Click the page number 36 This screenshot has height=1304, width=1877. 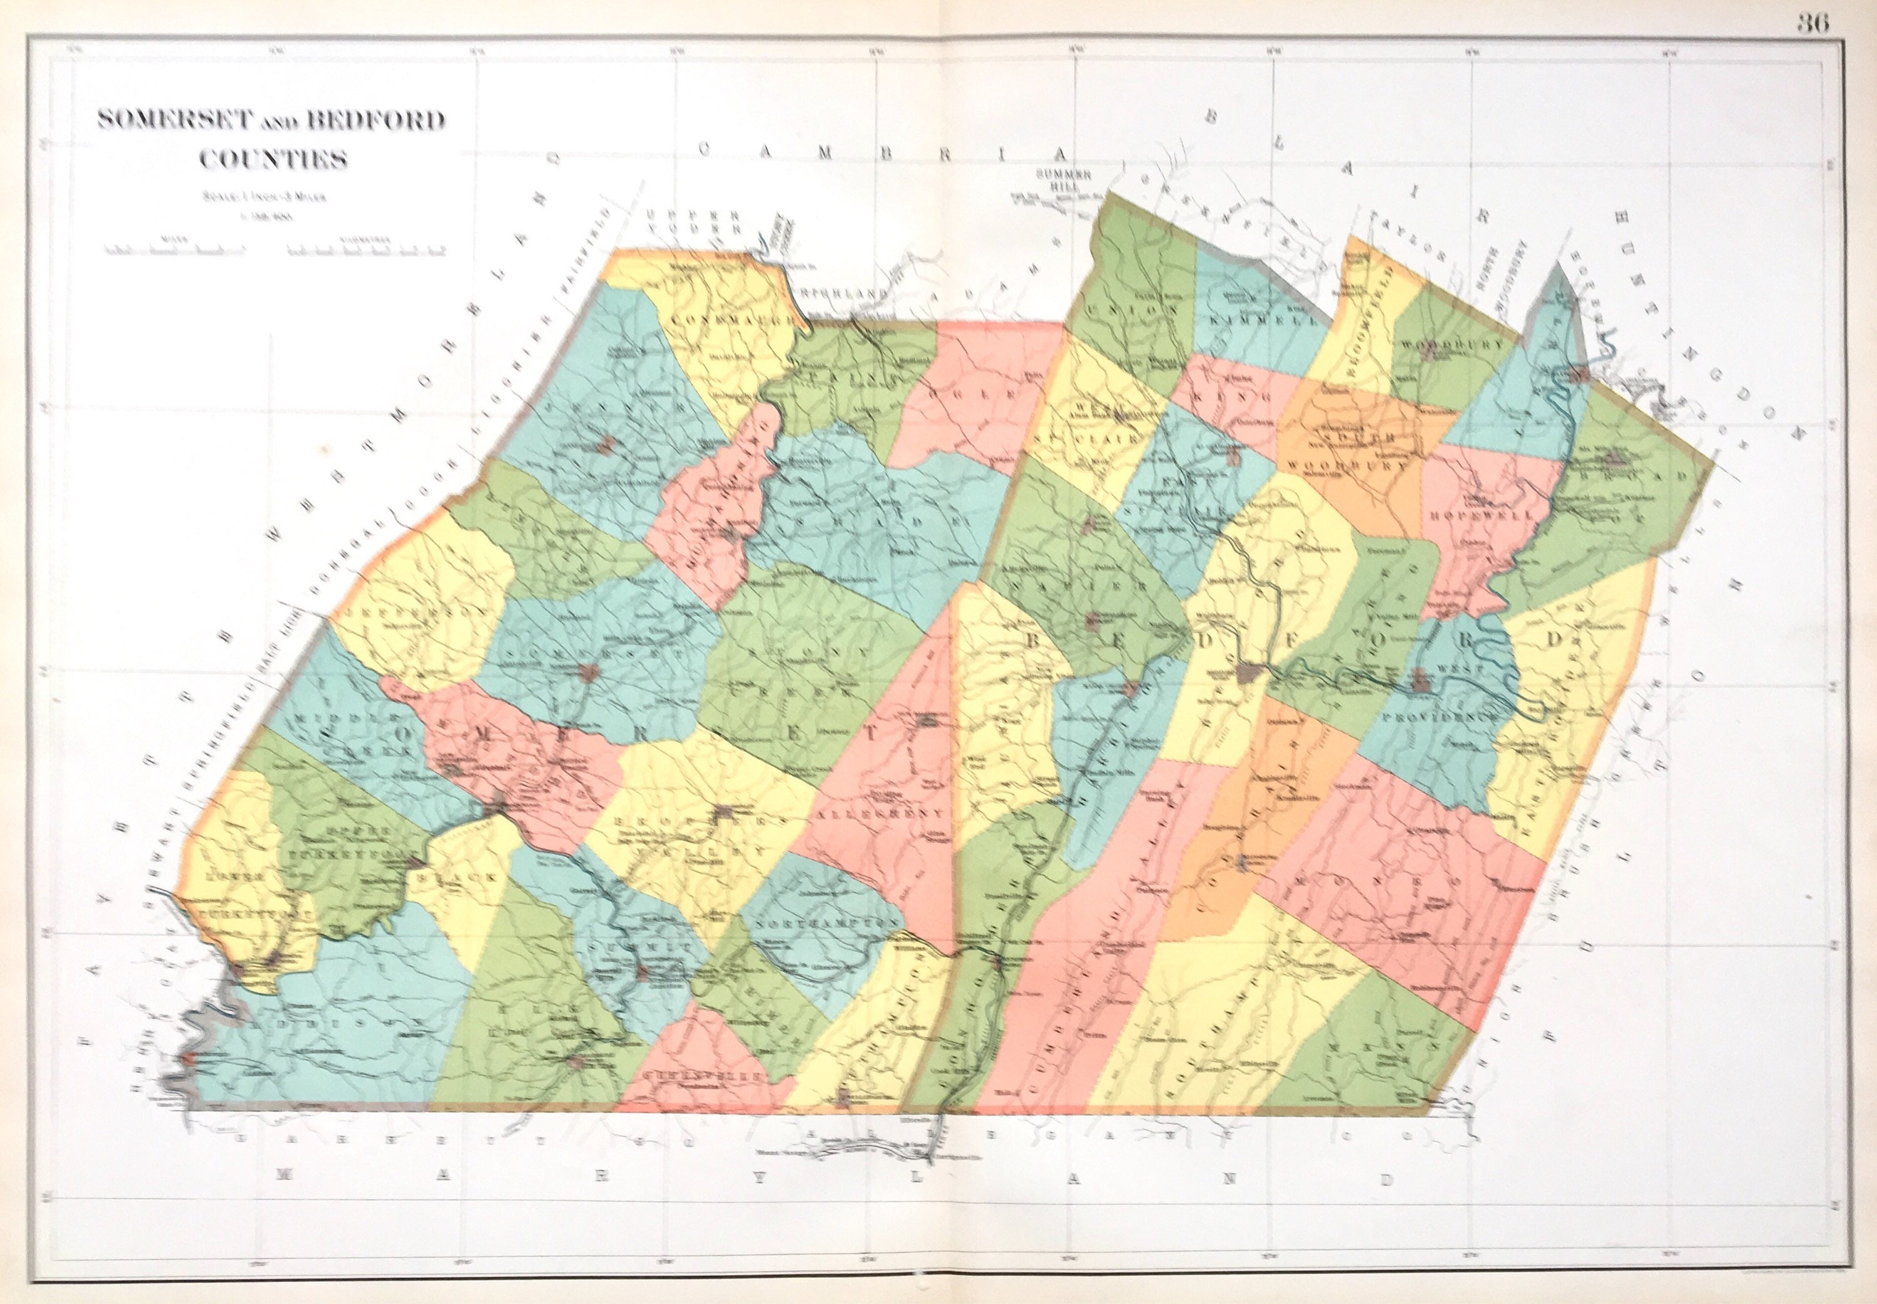point(1812,24)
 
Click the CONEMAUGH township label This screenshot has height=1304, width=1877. point(731,321)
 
